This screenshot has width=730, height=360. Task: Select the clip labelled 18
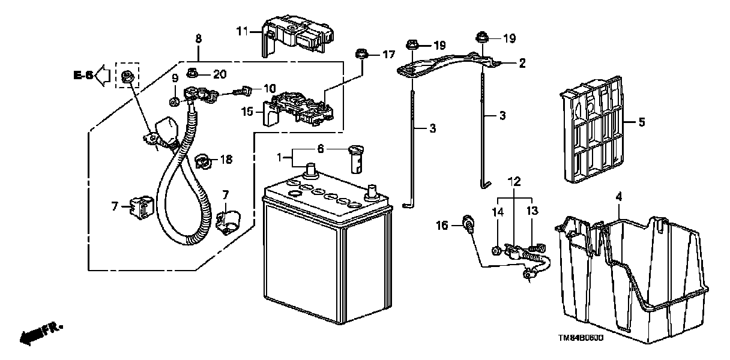204,160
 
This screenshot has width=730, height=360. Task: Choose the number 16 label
442,226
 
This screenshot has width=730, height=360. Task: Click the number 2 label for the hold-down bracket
522,63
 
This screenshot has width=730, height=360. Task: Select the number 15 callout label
247,111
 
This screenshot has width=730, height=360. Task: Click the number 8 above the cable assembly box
199,38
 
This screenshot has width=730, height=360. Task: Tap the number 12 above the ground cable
514,180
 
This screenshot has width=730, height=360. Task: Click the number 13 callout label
532,211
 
